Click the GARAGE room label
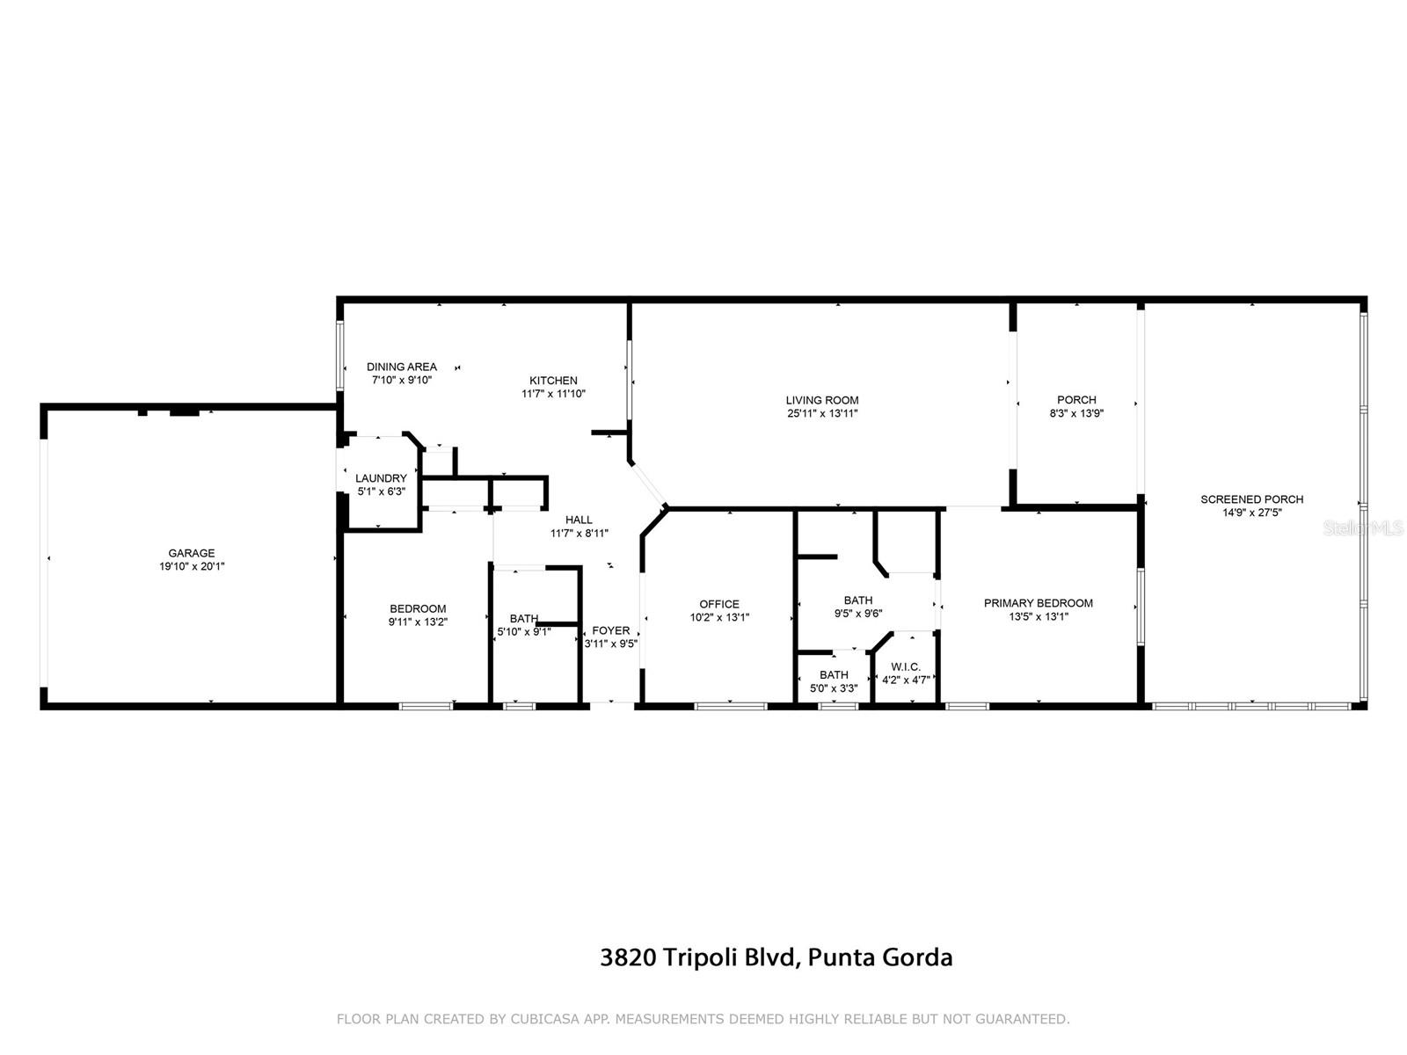coord(192,553)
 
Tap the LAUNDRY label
coord(381,478)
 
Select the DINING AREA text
coord(401,367)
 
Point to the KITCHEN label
coord(553,380)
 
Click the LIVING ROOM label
coord(821,400)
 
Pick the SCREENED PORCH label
coord(1252,499)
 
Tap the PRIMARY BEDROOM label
coord(1038,603)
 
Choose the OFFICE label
coord(718,604)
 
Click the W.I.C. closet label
coord(905,666)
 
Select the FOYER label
coord(611,630)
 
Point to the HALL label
coord(579,520)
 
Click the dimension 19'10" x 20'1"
coord(192,566)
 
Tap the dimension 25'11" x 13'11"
coord(821,413)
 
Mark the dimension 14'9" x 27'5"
coord(1252,513)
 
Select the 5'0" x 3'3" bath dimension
coord(834,688)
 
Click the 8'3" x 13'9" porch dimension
coord(1076,413)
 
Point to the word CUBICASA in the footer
coord(545,1018)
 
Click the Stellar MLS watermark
coord(1363,527)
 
